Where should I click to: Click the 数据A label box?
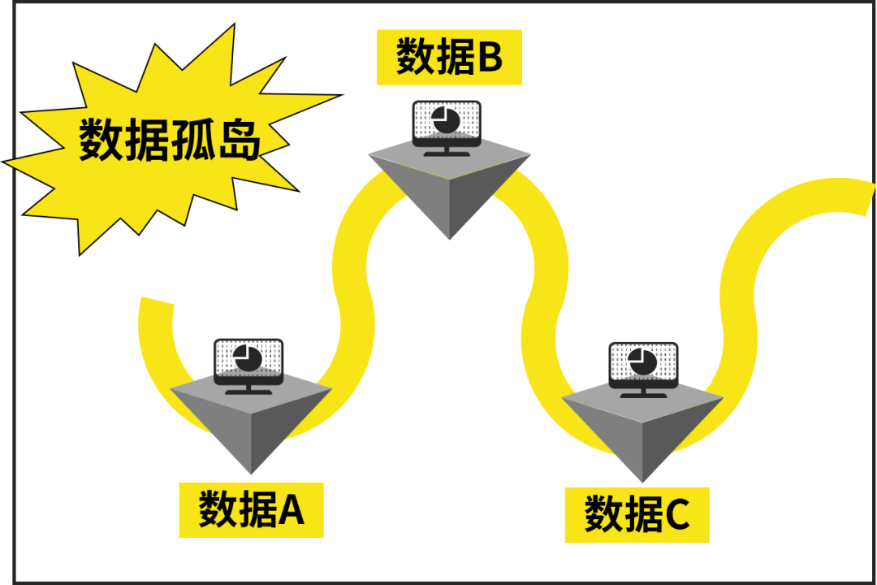[251, 510]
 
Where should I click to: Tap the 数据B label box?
[449, 57]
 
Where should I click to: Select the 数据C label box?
[637, 515]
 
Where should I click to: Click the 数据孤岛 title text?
[170, 141]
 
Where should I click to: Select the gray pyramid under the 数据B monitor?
[449, 187]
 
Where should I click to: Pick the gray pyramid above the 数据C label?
[642, 431]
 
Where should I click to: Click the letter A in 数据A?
[291, 510]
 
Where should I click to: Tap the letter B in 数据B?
[489, 57]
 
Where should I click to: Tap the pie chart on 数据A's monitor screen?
[247, 357]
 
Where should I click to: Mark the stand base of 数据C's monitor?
[644, 396]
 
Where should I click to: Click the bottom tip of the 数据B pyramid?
[449, 238]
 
